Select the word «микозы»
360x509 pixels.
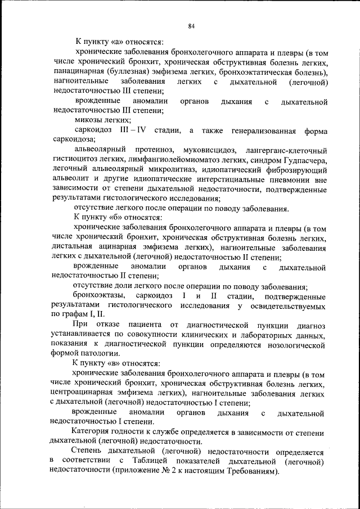88,120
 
